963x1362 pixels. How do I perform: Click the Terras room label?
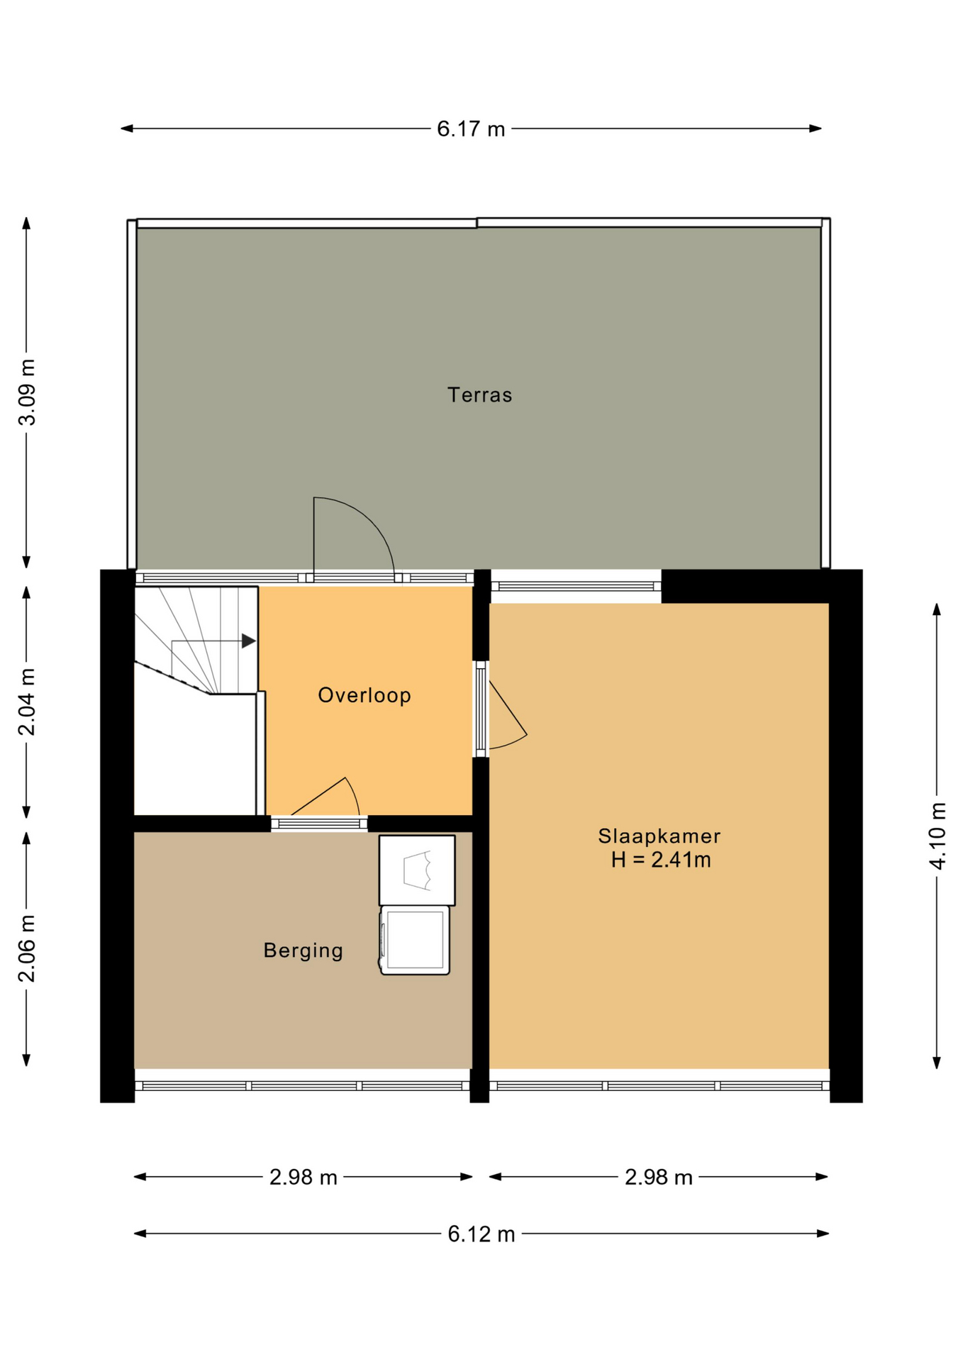tap(479, 394)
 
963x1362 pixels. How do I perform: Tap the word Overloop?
tap(364, 695)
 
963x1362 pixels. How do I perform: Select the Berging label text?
tap(304, 951)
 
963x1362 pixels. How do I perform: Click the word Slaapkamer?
tap(659, 836)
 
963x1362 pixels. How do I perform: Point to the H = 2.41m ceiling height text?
tap(661, 860)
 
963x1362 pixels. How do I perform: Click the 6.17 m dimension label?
tap(471, 129)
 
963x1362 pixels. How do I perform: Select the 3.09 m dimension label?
tap(27, 392)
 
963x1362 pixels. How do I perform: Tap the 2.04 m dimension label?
tap(27, 702)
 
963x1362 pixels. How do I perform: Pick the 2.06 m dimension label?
tap(27, 948)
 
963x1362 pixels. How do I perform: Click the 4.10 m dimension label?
tap(937, 836)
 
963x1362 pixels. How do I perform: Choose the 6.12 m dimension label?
tap(481, 1234)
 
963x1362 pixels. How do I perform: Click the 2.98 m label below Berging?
tap(304, 1178)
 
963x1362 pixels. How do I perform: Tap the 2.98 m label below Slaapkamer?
tap(659, 1178)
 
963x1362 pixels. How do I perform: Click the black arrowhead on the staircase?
tap(248, 641)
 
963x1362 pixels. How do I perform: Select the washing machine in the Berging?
tap(415, 940)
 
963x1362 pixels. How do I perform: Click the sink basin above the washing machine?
tap(417, 870)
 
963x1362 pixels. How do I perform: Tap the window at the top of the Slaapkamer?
tap(576, 586)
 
